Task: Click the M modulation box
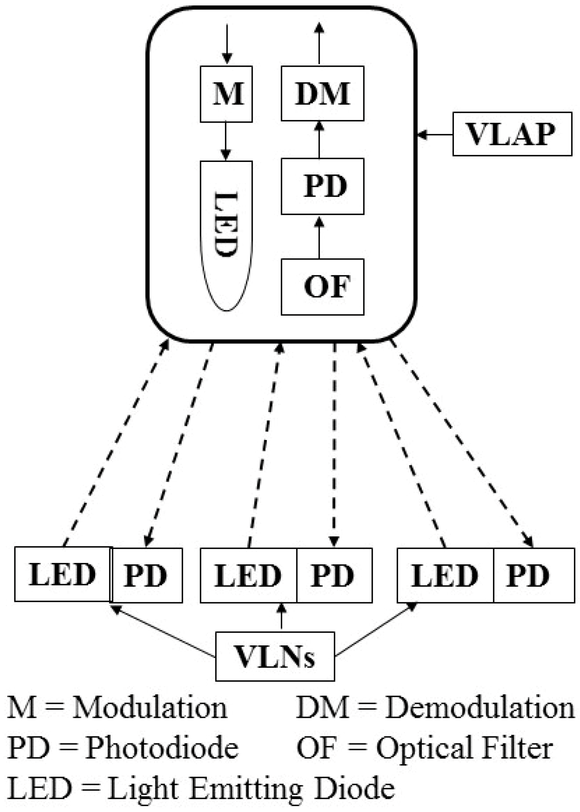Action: click(226, 94)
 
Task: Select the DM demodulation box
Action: click(322, 93)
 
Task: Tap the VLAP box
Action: click(512, 134)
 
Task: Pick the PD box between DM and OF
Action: click(322, 186)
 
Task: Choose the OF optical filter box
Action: click(322, 287)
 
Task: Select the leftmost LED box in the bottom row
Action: click(63, 574)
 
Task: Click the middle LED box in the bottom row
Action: click(248, 575)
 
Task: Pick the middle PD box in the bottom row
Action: click(334, 575)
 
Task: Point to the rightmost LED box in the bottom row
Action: click(445, 575)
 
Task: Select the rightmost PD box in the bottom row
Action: click(534, 575)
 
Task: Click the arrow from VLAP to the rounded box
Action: click(435, 135)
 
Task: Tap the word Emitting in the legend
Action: click(246, 788)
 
